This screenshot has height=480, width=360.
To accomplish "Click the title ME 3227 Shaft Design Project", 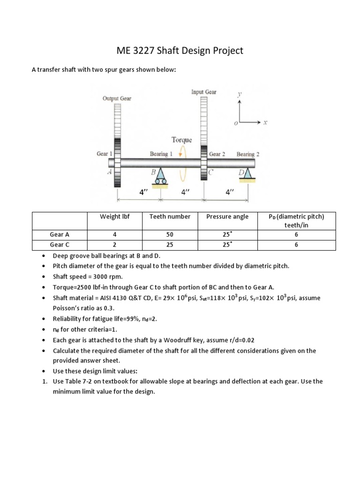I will pos(179,50).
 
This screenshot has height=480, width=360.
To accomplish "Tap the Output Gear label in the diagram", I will pos(117,98).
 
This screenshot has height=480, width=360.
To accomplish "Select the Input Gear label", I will pos(204,92).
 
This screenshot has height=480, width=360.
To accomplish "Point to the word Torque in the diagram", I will pos(182,140).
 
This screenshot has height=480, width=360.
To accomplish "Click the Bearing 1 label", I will pos(161,154).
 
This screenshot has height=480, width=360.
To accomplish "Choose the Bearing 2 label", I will pos(248,154).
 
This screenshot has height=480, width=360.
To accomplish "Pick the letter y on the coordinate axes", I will pos(240,94).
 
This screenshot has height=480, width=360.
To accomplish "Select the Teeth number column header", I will pos(170,217).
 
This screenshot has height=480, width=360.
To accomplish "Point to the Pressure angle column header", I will pos(227,217).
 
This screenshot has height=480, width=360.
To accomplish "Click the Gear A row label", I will pos(60,234).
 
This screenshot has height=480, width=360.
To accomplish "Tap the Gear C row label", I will pos(60,245).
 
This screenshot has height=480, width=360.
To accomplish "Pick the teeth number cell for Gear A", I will pos(170,234).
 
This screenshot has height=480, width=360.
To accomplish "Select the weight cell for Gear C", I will pos(114,245).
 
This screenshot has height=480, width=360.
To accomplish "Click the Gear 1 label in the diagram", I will pos(105,154).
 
